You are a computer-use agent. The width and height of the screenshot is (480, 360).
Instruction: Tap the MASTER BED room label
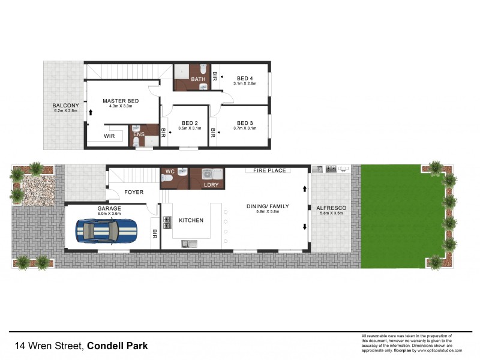coord(121,101)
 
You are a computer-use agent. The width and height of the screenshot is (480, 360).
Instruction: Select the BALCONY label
coord(65,105)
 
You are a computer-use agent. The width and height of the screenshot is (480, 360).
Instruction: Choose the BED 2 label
coord(190,123)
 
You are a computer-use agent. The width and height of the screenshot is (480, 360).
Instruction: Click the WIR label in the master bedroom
coord(109,136)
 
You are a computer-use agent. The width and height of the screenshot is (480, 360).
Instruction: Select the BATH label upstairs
coord(198,79)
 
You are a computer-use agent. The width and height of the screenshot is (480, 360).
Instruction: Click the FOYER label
coord(134,193)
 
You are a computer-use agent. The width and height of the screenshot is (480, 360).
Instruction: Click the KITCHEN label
coord(191,221)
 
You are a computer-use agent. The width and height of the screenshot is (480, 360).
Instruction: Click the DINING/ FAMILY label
coord(268,206)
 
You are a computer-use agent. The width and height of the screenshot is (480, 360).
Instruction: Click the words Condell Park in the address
coord(118,346)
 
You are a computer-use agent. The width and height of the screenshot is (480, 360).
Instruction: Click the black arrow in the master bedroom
coord(91,112)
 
